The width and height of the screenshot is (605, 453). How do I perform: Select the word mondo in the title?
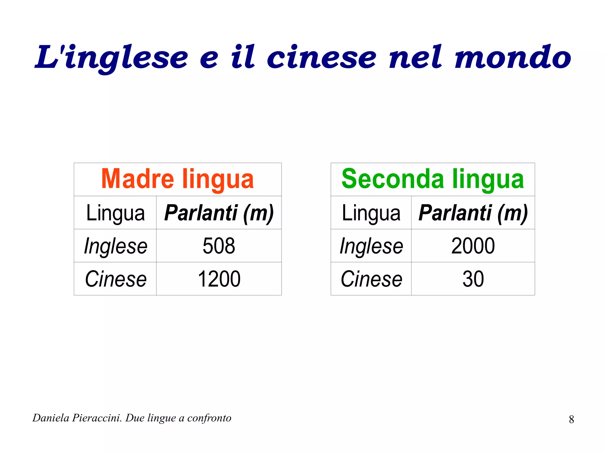pos(513,58)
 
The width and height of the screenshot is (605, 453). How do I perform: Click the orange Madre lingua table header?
pos(177,179)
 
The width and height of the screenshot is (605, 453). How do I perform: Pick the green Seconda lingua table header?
pos(432,179)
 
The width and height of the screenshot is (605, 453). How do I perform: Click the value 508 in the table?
pos(219,246)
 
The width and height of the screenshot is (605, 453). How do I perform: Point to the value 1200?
pos(219,279)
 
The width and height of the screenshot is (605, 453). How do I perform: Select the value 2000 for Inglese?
pos(473,246)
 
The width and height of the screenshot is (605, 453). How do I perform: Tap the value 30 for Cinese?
pos(473,279)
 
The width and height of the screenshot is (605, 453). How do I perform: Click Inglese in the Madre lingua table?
pos(116,246)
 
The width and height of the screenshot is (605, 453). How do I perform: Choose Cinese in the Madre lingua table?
pos(116,279)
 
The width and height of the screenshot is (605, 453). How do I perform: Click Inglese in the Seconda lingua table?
pos(371,246)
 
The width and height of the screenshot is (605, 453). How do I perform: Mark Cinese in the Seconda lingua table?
pos(371,279)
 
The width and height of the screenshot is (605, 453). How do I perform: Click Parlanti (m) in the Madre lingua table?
pos(219,213)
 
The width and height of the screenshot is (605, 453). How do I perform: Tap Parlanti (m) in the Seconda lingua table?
pos(473,213)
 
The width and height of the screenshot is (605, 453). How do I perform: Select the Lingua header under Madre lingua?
pos(116,213)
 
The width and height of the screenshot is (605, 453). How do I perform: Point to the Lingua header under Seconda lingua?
pos(371,213)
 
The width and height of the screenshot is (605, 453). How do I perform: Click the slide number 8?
pos(571,419)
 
